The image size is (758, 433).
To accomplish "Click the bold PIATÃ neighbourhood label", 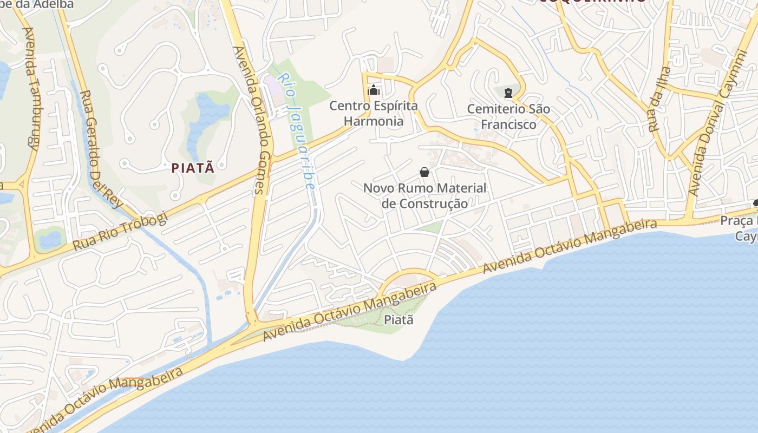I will point(193,168).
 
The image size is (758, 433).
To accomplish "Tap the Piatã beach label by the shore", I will point(398,320).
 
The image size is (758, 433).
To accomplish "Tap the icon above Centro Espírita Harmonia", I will point(374,90).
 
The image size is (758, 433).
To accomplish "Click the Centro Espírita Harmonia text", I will point(374,114).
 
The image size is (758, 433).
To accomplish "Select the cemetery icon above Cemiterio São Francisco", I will point(508,93).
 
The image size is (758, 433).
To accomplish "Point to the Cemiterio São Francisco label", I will point(508,116).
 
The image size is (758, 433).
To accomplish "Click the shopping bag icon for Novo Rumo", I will point(424,172).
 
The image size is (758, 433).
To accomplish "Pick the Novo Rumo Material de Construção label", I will point(424,196).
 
